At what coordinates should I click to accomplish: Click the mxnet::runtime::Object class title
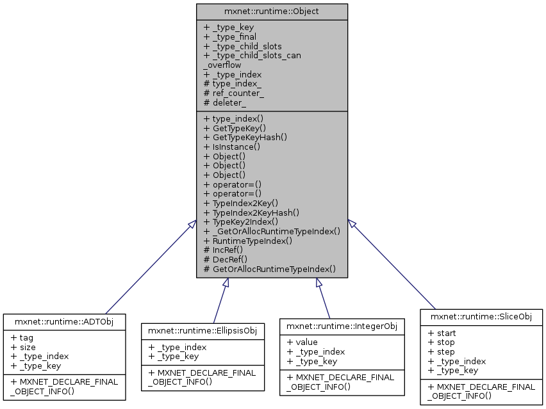coord(272,12)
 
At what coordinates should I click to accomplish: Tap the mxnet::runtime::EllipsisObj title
coord(203,330)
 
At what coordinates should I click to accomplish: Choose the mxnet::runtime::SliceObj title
coord(481,317)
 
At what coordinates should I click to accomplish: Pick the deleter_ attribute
coord(229,102)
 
